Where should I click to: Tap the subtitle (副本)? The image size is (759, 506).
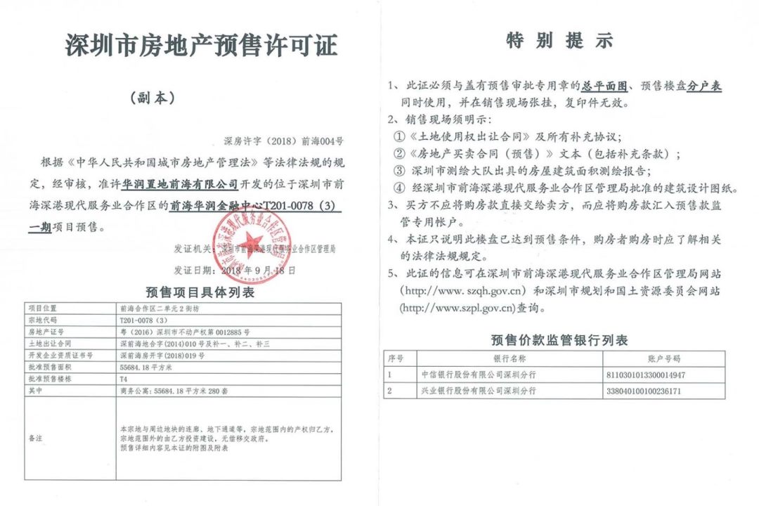(161, 98)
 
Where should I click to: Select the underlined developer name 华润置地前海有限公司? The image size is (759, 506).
(180, 185)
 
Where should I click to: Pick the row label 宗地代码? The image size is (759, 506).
(41, 320)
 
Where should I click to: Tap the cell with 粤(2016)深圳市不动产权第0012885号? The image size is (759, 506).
(185, 332)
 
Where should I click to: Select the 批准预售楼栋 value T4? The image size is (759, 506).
(124, 379)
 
